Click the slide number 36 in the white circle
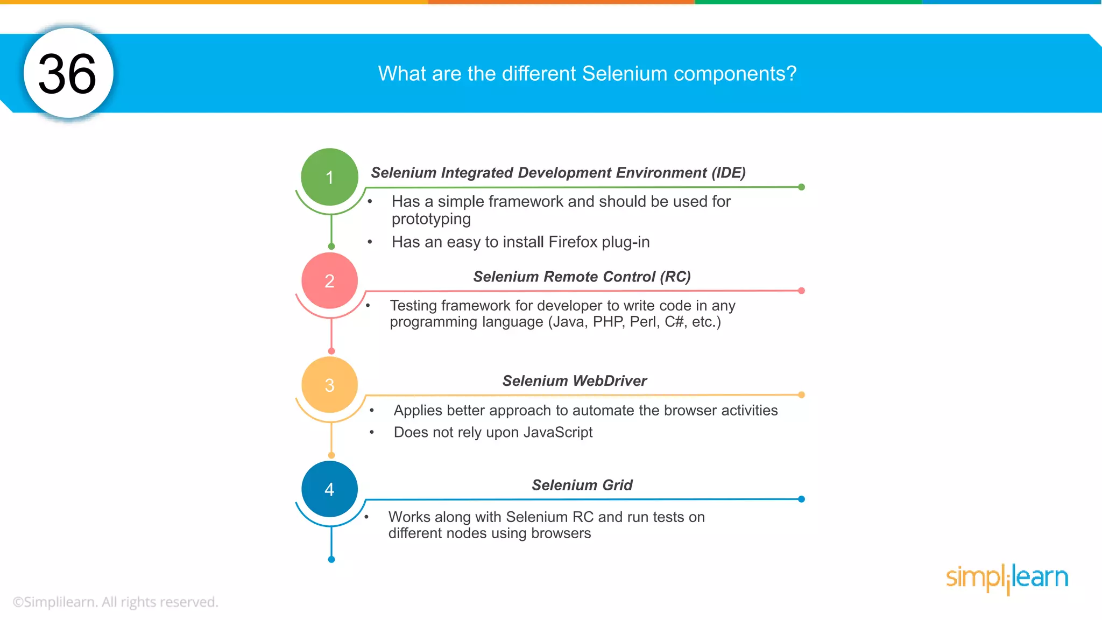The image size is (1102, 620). tap(67, 74)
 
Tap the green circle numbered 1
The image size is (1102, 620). tap(329, 177)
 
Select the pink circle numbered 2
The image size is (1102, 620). tap(329, 281)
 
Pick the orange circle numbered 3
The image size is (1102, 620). tap(329, 385)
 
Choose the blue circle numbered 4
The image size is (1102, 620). tap(329, 489)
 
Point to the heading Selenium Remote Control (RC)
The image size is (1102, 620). tap(582, 277)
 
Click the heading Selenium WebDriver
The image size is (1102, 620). tap(574, 381)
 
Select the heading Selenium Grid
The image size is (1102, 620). tap(582, 485)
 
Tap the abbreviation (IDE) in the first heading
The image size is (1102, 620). tap(729, 173)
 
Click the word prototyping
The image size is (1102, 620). tap(431, 219)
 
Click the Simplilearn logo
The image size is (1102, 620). tap(1007, 578)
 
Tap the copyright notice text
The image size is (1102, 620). tap(115, 602)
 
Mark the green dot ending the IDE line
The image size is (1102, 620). tap(801, 187)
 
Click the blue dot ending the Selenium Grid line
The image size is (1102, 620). tap(801, 499)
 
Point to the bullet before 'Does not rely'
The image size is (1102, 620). tap(371, 432)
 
